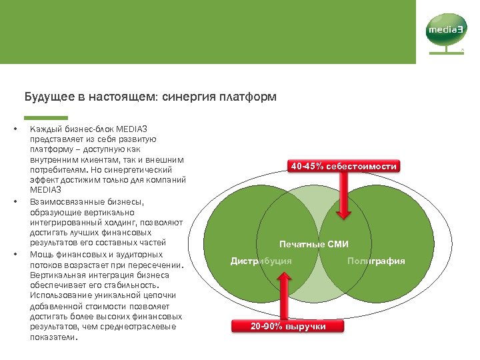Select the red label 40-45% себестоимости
pyautogui.click(x=344, y=166)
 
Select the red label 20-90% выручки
pyautogui.click(x=288, y=326)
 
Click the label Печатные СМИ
pyautogui.click(x=314, y=245)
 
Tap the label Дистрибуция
pyautogui.click(x=261, y=261)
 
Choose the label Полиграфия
pyautogui.click(x=376, y=261)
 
